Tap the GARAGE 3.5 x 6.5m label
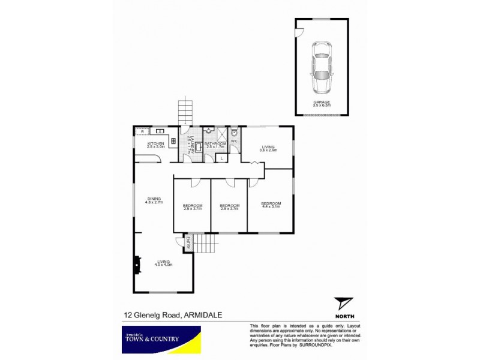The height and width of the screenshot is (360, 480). [x=322, y=104]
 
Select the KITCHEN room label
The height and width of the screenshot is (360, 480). [x=156, y=145]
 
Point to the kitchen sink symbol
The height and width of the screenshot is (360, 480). [x=161, y=131]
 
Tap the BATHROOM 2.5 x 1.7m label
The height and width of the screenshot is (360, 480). [x=215, y=145]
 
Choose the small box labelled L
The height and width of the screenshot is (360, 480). [x=221, y=157]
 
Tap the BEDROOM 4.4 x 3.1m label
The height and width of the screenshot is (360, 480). [x=271, y=205]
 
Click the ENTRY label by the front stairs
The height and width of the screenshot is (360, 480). [x=188, y=242]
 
